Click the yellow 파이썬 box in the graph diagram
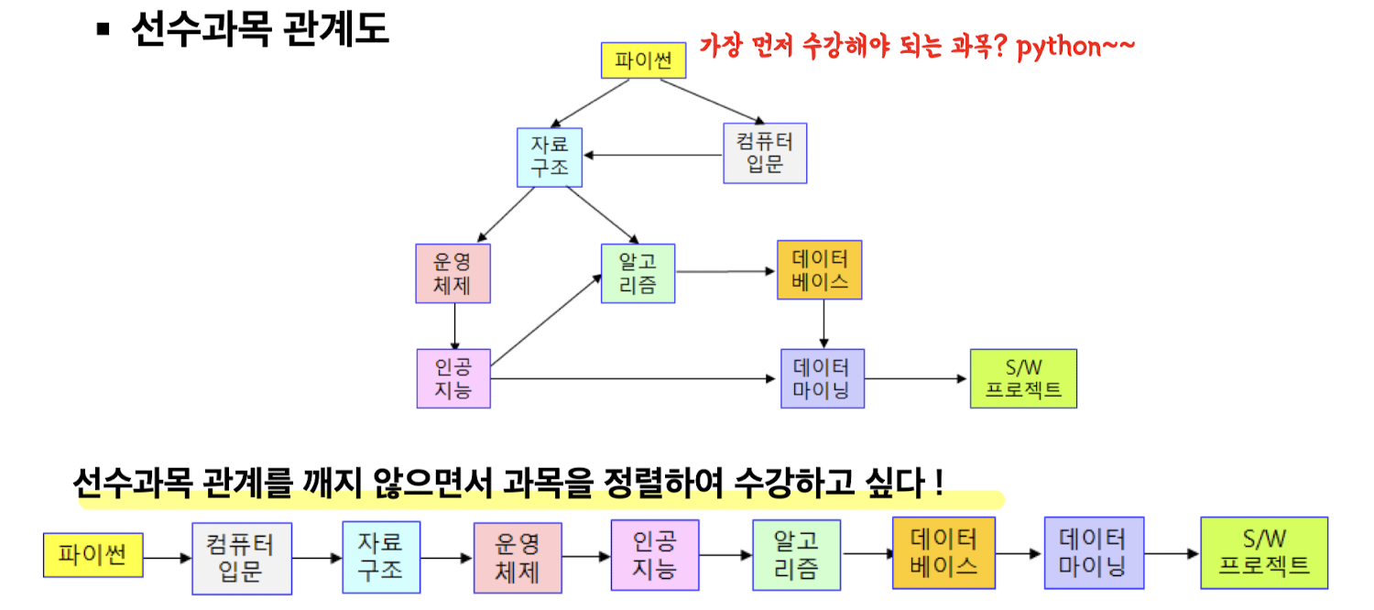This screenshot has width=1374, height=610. (643, 60)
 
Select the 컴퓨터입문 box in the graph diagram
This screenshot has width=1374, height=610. (765, 153)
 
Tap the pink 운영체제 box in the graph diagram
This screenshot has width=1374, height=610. (453, 273)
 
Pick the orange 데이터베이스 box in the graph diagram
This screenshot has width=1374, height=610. (820, 269)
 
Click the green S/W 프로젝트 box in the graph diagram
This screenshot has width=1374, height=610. (1023, 378)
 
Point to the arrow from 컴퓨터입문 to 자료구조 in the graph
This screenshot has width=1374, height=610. (653, 156)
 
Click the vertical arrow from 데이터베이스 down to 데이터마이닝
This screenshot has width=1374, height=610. (823, 323)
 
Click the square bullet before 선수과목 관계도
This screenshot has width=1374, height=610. (103, 28)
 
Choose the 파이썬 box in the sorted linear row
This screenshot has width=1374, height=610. (93, 556)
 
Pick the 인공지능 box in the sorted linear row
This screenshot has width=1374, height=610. (655, 556)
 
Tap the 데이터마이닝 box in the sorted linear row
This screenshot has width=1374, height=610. (1094, 552)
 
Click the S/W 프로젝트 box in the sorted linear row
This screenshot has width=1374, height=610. (1264, 552)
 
